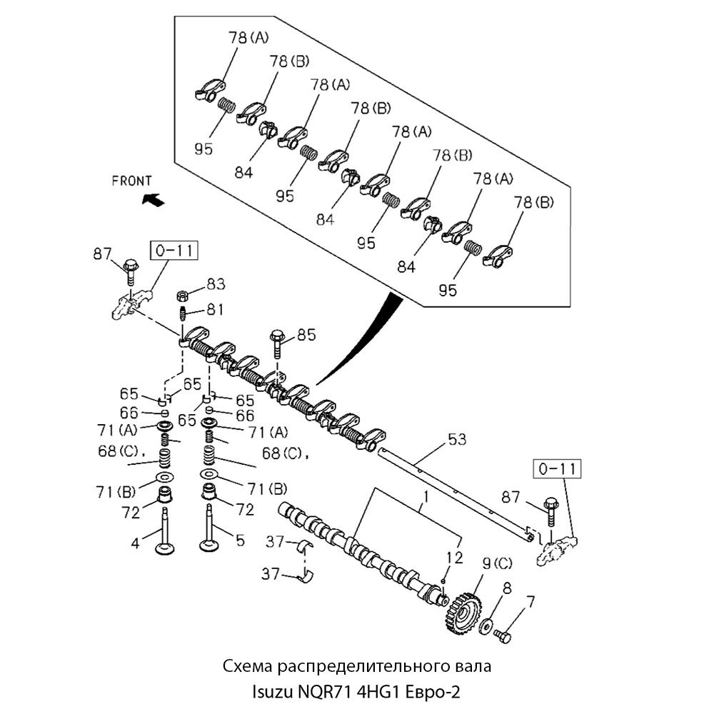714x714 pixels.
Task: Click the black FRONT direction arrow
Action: tap(154, 199)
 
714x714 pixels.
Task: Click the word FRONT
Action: tap(132, 181)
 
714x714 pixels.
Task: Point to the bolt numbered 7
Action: tap(503, 635)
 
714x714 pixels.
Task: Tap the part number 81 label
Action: tap(215, 309)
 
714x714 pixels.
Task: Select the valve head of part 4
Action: tap(166, 548)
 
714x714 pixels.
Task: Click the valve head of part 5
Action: tap(210, 547)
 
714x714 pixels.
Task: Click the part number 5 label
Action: tap(240, 540)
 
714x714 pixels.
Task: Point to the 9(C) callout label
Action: tap(497, 564)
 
